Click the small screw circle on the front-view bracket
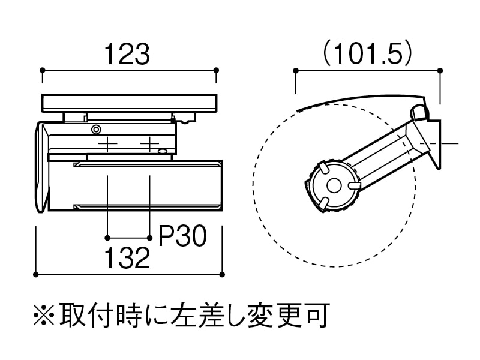coord(95,129)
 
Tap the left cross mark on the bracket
coord(107,144)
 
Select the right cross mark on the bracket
coord(149,144)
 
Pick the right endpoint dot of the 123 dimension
coord(216,71)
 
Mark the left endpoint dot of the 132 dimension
coord(36,275)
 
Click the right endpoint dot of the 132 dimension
coord(222,275)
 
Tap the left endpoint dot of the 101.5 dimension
coord(296,71)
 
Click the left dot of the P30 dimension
coord(107,236)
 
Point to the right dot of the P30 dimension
coord(149,236)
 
